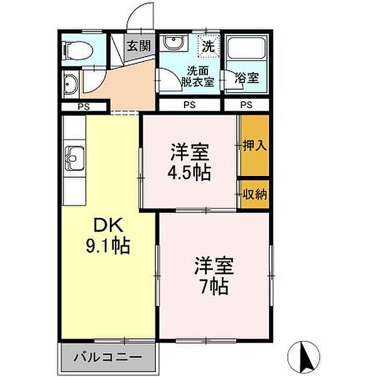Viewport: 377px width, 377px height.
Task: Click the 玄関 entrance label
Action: click(x=138, y=45)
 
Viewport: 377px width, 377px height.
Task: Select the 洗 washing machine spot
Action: click(x=208, y=45)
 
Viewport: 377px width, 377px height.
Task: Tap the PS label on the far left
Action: click(x=83, y=106)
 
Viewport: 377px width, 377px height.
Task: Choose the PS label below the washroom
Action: click(x=189, y=106)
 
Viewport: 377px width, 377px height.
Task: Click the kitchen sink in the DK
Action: click(x=74, y=155)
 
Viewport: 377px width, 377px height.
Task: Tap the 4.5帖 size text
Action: click(x=188, y=171)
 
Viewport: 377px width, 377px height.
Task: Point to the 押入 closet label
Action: click(x=254, y=145)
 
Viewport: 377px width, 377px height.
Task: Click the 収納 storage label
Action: click(x=254, y=194)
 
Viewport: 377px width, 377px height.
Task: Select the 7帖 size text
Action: click(x=214, y=287)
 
